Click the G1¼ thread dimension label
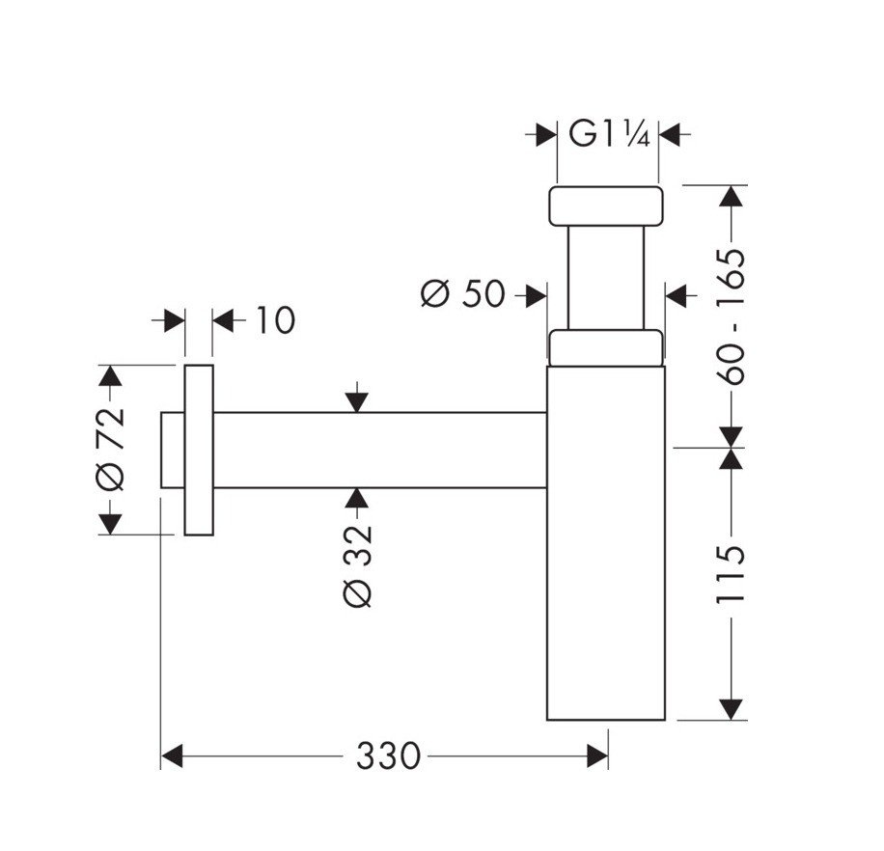click(607, 133)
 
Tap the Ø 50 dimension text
click(463, 293)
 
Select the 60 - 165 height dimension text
click(733, 316)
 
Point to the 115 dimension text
click(733, 575)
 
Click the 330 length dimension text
click(388, 756)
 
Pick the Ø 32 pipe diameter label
click(358, 566)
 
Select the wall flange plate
click(198, 450)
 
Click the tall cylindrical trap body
click(606, 540)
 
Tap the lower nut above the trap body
click(606, 347)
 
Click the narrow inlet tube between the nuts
click(606, 278)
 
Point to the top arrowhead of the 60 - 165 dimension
click(733, 194)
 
